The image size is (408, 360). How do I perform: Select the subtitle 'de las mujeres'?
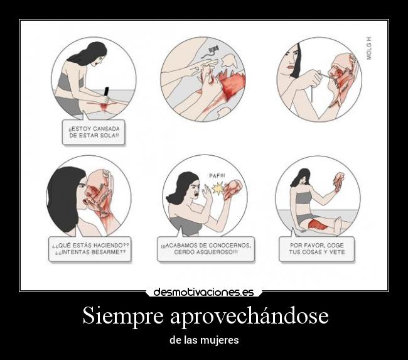click(204, 340)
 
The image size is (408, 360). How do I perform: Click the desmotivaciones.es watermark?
click(203, 292)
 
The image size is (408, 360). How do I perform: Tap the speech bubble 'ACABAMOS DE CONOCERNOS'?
click(206, 249)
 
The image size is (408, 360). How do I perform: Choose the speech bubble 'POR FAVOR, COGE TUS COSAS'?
click(316, 249)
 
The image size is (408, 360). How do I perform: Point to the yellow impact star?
click(218, 188)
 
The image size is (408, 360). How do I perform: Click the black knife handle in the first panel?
click(106, 92)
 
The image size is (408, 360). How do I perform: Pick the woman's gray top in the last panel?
click(304, 197)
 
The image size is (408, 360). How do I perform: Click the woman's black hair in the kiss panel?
click(63, 195)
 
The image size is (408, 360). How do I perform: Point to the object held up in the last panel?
click(339, 181)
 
